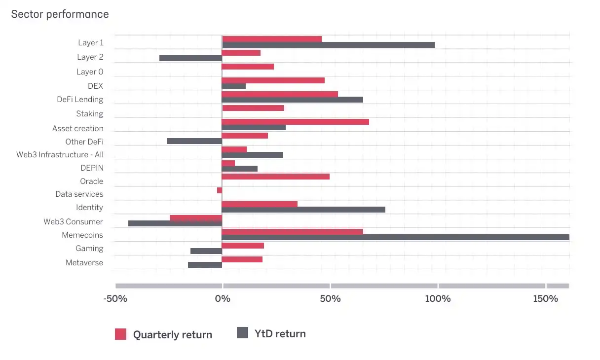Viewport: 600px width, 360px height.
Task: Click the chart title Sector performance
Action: point(60,14)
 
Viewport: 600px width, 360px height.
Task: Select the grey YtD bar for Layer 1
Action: point(328,45)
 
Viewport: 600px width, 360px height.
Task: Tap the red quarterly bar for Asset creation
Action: point(295,121)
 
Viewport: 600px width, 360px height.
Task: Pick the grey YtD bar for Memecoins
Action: point(395,237)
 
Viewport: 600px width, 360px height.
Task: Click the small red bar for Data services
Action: point(220,190)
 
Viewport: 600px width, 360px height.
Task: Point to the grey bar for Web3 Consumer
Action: point(175,223)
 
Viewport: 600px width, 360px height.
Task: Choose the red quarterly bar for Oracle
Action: point(275,177)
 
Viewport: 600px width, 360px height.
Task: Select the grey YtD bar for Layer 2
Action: point(190,58)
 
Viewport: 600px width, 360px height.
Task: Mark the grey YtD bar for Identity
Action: point(303,210)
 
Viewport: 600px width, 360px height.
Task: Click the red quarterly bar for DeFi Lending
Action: point(280,94)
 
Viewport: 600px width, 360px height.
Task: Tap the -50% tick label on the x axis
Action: point(115,299)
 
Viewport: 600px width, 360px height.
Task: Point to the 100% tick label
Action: point(438,299)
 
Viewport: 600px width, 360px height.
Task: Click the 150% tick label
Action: point(545,299)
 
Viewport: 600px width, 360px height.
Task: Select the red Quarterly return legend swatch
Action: point(121,334)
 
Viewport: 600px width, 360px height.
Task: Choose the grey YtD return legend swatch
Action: point(242,333)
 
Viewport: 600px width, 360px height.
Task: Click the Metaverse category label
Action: point(84,262)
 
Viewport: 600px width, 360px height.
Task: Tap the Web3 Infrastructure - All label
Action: point(60,155)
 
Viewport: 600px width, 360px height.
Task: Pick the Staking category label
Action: point(89,114)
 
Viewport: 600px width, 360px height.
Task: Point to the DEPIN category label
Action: point(92,168)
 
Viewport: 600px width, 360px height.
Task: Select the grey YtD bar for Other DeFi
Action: point(194,141)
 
